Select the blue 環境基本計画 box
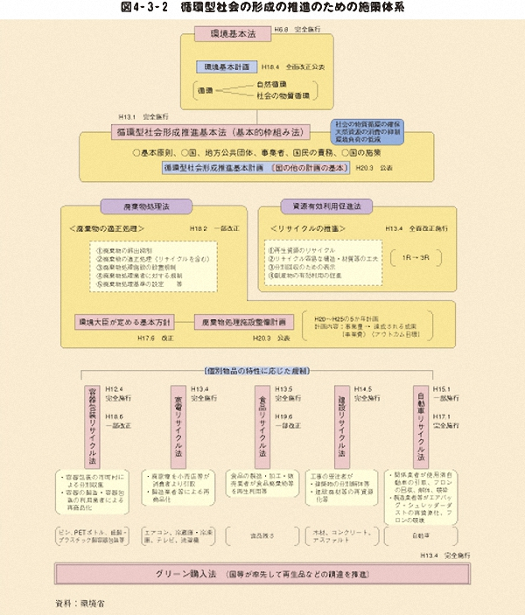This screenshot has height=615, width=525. (x=227, y=66)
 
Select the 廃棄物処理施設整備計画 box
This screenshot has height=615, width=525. (x=241, y=321)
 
